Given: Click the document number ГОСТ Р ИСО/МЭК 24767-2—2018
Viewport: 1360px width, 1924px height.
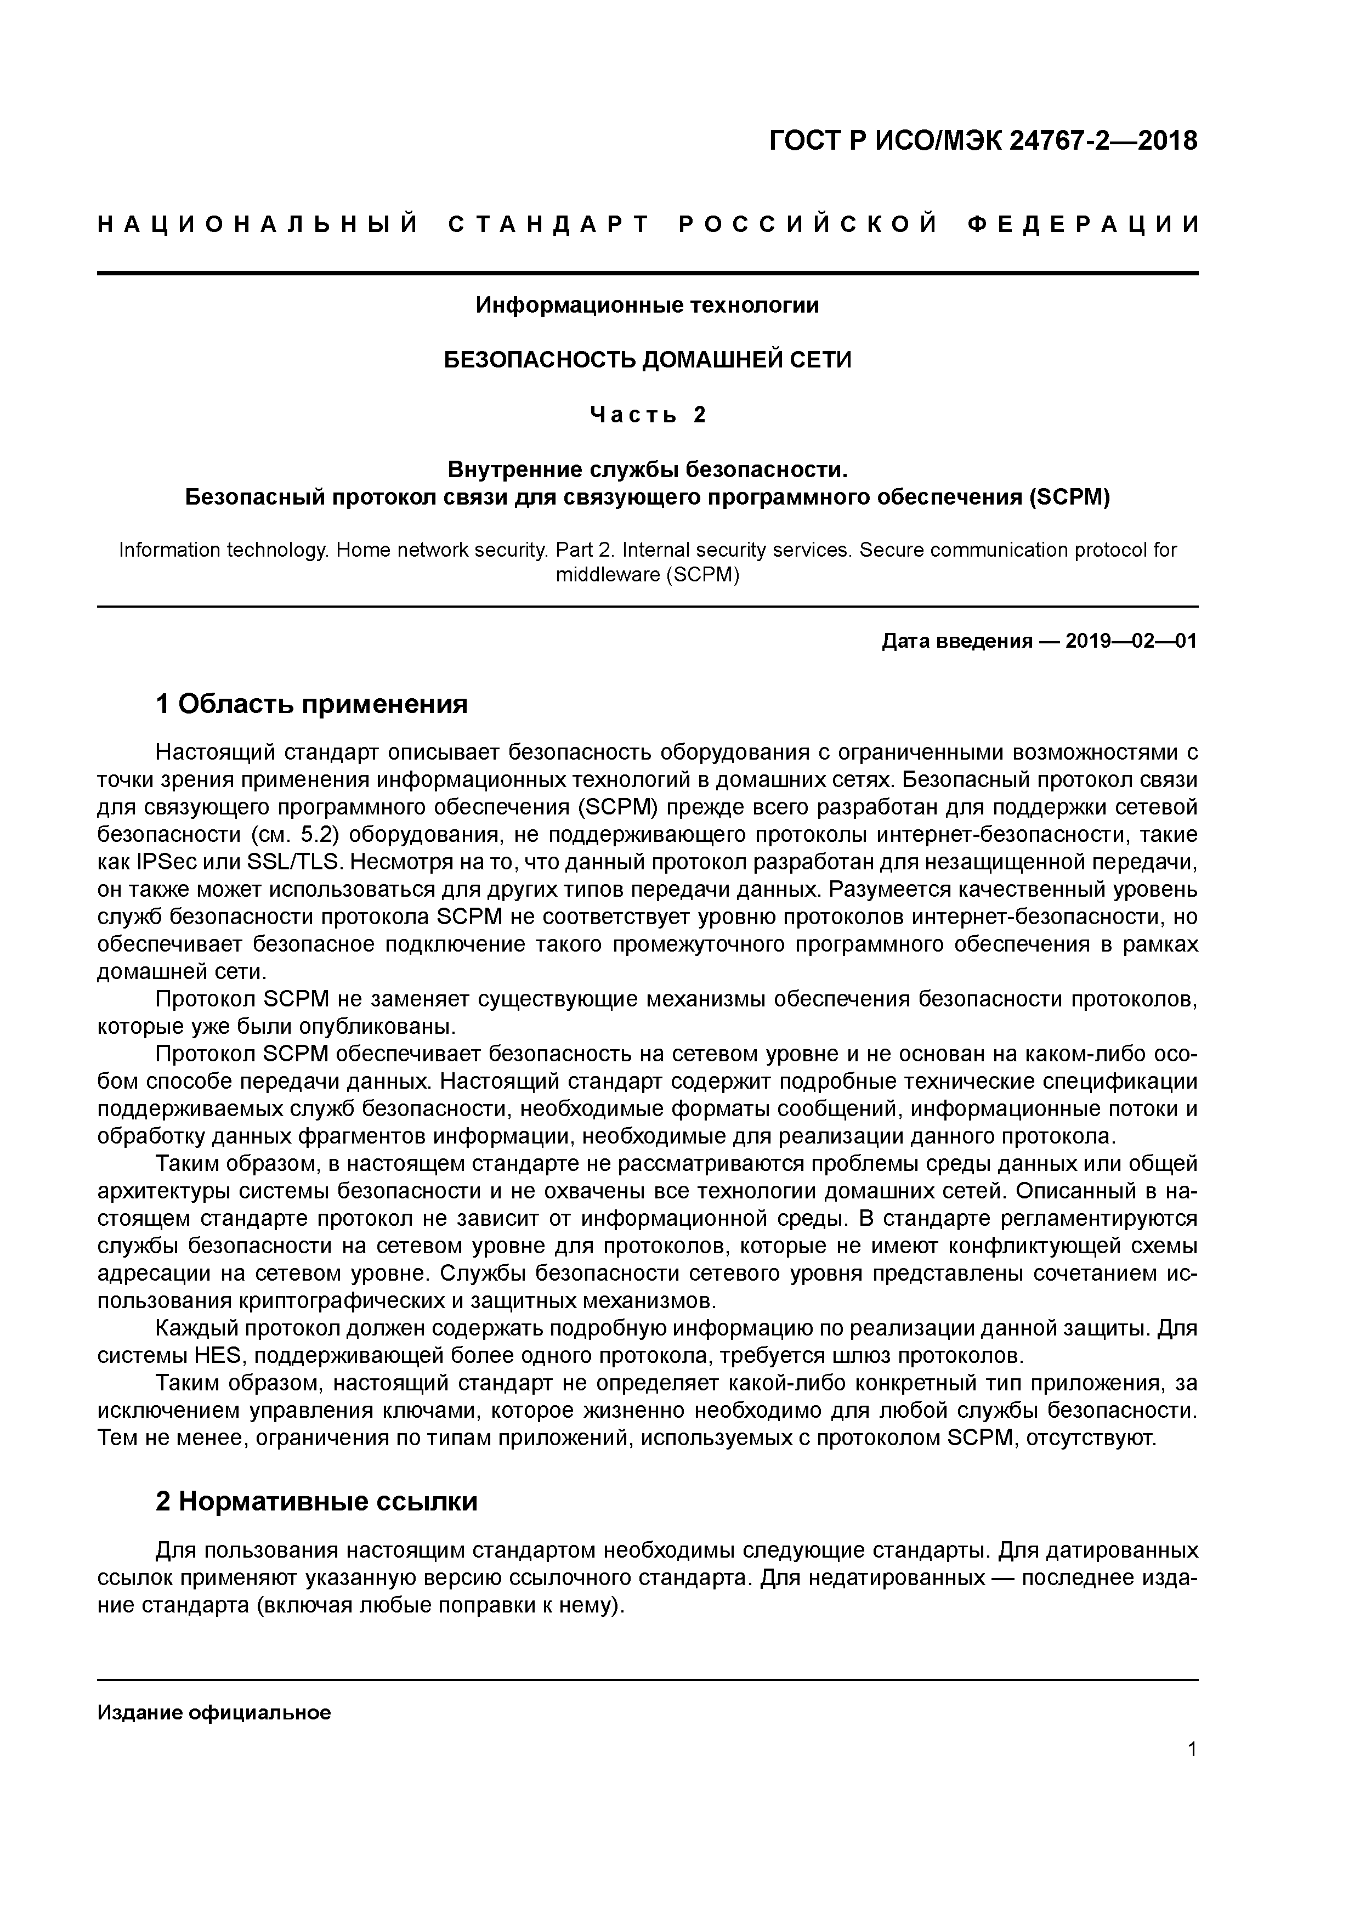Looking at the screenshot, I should (983, 142).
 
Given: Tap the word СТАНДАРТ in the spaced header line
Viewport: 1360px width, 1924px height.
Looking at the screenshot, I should (549, 224).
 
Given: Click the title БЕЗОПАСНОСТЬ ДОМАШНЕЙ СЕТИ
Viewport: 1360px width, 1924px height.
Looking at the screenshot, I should (647, 360).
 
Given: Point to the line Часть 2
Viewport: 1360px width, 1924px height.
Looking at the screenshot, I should (648, 415).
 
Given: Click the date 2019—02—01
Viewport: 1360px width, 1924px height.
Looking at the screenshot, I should (1131, 642).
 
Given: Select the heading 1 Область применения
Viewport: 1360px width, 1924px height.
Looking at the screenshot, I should (311, 704).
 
